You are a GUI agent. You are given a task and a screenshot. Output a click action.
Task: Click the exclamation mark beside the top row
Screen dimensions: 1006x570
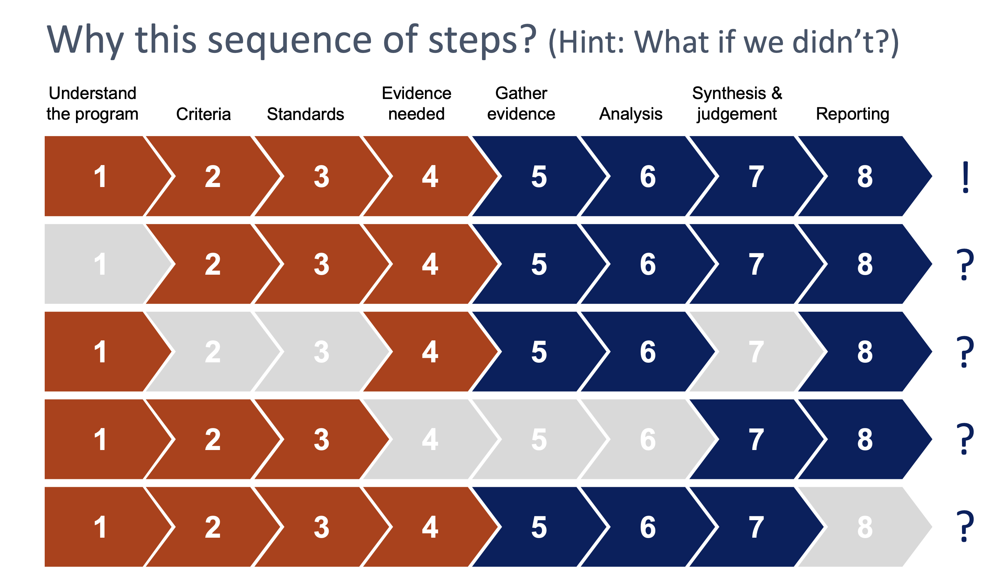[x=965, y=177]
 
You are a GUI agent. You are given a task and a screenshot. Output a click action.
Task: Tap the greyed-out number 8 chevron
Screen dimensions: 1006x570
[x=865, y=527]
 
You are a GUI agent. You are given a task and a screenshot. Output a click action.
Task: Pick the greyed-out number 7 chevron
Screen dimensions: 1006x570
[x=756, y=352]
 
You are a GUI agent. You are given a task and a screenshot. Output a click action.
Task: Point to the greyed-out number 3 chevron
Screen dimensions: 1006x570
[x=322, y=352]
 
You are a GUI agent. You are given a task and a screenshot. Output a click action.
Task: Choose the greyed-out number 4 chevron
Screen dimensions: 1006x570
[x=430, y=439]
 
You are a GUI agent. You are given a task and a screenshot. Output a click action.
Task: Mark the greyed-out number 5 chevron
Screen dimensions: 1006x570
[x=539, y=439]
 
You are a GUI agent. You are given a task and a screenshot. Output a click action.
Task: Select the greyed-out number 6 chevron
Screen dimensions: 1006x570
[x=648, y=439]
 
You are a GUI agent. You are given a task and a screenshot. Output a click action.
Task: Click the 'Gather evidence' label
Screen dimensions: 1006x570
[x=521, y=104]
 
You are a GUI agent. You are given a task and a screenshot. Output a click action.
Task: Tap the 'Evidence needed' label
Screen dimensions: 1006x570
[x=416, y=104]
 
